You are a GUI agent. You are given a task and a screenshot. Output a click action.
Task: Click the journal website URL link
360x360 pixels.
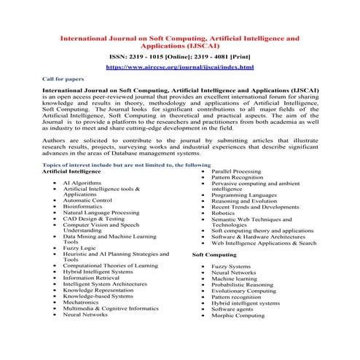click(179, 66)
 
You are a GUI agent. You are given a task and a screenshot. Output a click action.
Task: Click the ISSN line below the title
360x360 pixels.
click(179, 54)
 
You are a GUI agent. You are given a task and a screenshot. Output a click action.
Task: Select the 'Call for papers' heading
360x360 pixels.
click(62, 78)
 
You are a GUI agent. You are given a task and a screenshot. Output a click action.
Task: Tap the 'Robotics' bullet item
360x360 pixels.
click(223, 213)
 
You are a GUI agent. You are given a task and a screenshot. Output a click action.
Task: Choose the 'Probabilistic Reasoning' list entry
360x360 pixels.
click(242, 284)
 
